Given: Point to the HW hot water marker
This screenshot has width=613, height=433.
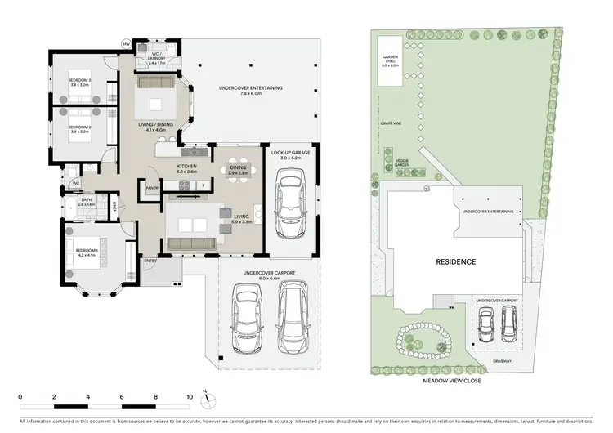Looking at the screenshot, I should (127, 43).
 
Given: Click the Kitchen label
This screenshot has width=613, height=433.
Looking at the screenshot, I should (188, 168).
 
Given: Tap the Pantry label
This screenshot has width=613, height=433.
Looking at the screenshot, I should (152, 188).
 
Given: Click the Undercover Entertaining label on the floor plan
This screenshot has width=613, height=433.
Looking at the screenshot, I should (248, 91).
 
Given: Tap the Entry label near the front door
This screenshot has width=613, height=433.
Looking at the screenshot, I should (150, 261).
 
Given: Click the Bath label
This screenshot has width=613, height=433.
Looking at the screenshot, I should (87, 201).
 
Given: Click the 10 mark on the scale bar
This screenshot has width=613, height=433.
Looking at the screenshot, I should (190, 397).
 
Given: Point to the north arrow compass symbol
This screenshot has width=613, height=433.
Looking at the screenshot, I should (209, 399).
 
